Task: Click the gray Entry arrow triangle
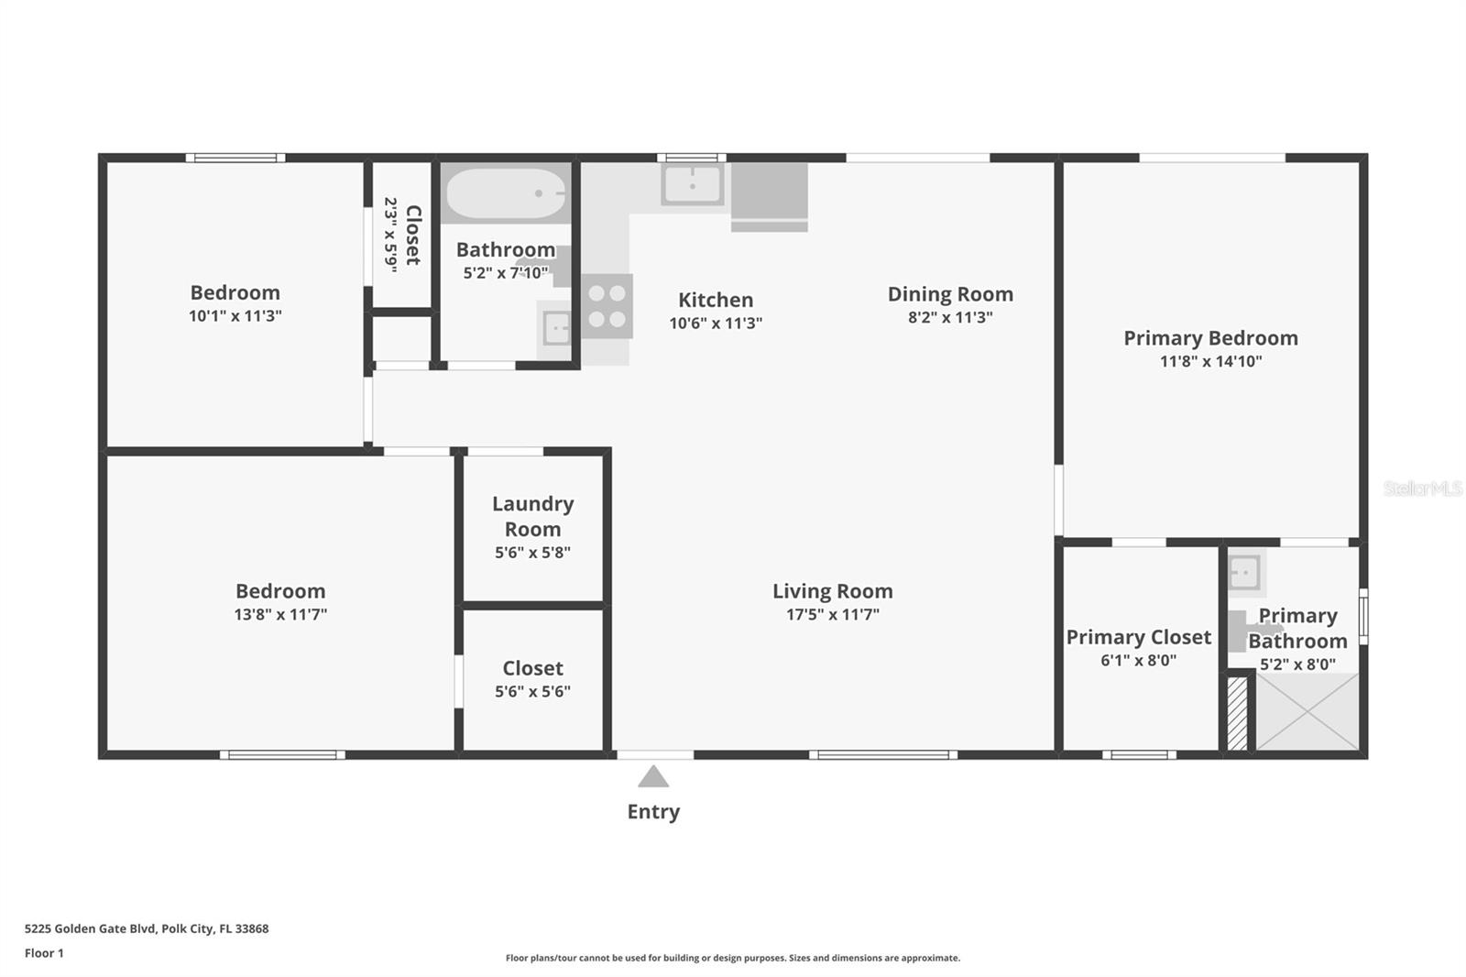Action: pos(653,776)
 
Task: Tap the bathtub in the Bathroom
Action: pos(505,193)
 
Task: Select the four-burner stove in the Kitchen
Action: pos(607,306)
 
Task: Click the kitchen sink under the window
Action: pos(692,184)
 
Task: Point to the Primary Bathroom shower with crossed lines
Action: pos(1307,711)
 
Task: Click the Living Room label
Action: pos(833,590)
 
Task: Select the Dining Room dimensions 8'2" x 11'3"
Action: pos(950,318)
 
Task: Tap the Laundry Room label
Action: pos(532,516)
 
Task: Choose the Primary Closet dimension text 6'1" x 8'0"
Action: pos(1138,660)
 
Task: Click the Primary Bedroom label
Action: pos(1210,338)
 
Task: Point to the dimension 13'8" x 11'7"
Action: pos(280,614)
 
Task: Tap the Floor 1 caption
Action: pos(45,953)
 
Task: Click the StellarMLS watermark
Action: pos(1422,488)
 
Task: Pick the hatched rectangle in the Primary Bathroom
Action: pos(1237,713)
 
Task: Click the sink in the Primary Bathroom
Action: pos(1244,573)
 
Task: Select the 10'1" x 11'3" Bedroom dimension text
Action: pos(235,315)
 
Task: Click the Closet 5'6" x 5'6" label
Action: pos(532,678)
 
